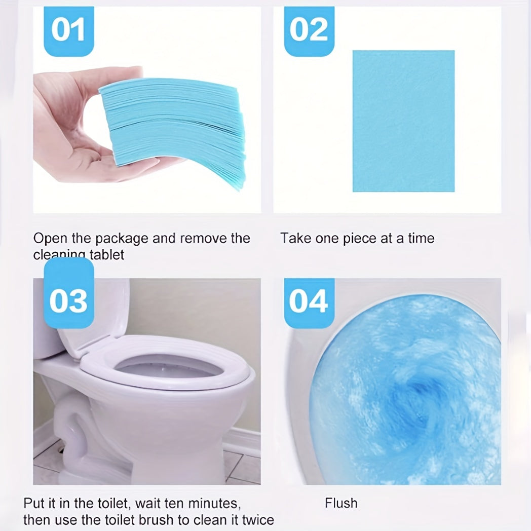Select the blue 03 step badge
[68, 300]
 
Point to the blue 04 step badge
[308, 300]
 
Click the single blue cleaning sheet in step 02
[403, 121]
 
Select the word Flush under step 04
[341, 503]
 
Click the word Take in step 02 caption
[295, 238]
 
